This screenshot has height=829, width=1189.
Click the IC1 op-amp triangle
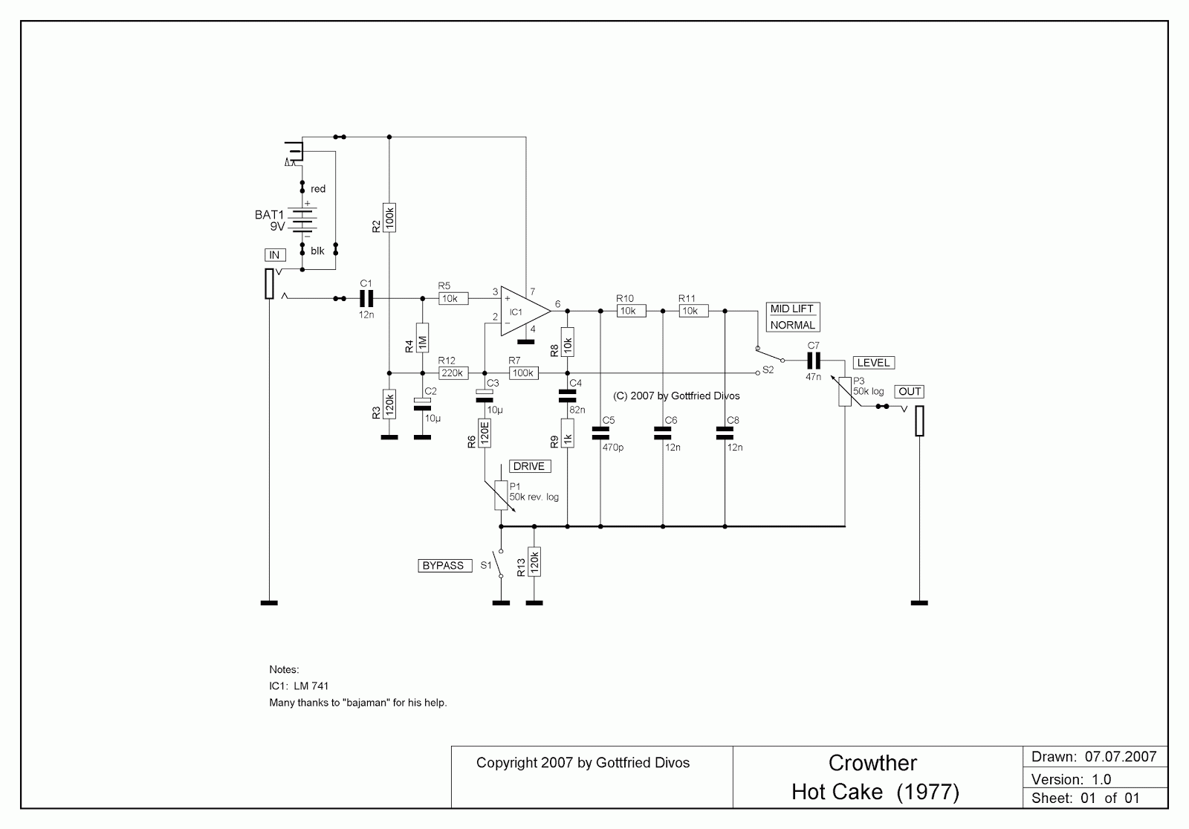click(x=522, y=311)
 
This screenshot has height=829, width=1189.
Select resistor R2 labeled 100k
click(x=389, y=217)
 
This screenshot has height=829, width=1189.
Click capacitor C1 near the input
click(x=366, y=299)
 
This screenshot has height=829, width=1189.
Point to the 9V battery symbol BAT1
click(x=303, y=221)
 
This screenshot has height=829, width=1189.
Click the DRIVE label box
click(x=529, y=466)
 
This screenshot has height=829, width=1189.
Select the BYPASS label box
click(x=443, y=566)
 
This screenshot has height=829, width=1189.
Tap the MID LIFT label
click(x=792, y=309)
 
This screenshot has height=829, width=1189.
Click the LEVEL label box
click(x=874, y=363)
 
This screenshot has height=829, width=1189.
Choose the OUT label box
click(x=910, y=392)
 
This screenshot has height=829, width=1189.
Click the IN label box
click(x=274, y=255)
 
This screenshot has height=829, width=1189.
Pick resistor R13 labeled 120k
click(x=534, y=562)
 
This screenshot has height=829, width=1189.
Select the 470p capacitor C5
click(x=600, y=433)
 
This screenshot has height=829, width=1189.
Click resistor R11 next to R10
click(x=693, y=311)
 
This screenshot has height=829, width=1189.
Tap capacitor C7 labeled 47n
click(x=813, y=361)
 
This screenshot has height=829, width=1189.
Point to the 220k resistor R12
click(x=452, y=373)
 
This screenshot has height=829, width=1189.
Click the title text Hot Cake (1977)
click(x=875, y=792)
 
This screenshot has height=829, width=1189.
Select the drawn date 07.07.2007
click(x=1120, y=757)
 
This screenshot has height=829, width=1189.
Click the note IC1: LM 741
click(x=299, y=686)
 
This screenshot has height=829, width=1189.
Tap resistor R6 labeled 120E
click(x=484, y=433)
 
